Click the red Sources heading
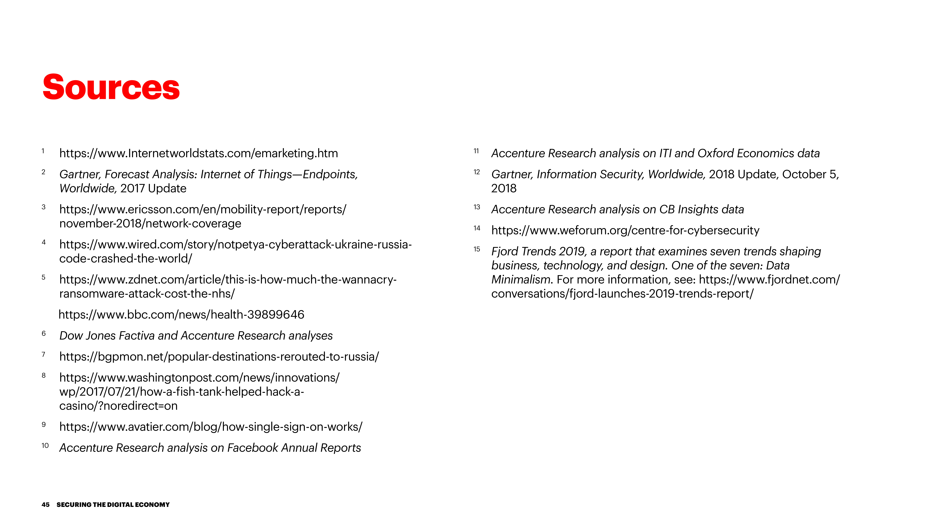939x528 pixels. pyautogui.click(x=111, y=87)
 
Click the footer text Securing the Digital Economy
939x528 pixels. pyautogui.click(x=113, y=505)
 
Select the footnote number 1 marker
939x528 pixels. pyautogui.click(x=43, y=151)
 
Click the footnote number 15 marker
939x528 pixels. pyautogui.click(x=477, y=249)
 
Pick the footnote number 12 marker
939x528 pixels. pyautogui.click(x=477, y=172)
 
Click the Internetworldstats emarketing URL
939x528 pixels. pyautogui.click(x=199, y=153)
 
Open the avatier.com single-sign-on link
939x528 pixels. pyautogui.click(x=211, y=427)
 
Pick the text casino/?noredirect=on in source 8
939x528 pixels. pyautogui.click(x=118, y=406)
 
